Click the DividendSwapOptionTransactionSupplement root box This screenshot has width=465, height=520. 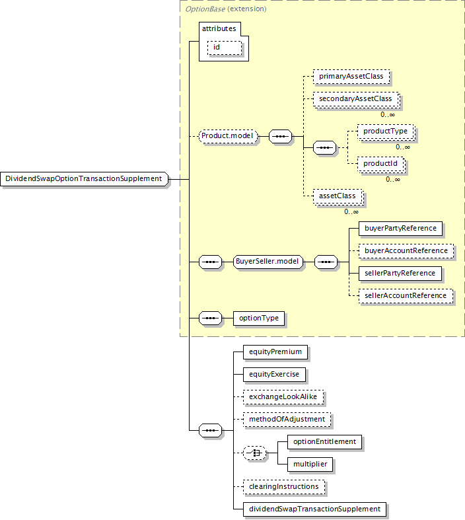tap(84, 179)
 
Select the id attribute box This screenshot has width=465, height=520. tap(225, 48)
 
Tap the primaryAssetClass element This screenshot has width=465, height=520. tap(351, 77)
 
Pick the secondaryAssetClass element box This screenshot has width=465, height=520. tap(355, 99)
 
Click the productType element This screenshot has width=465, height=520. tap(386, 131)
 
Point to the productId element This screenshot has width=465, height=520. tap(380, 164)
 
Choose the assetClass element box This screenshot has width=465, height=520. tap(338, 196)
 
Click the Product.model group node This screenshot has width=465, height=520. tap(228, 136)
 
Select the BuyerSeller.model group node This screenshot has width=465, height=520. tap(268, 262)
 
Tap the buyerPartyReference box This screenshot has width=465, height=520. tap(400, 229)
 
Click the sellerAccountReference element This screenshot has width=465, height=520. tap(406, 296)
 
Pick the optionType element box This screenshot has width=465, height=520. tap(259, 318)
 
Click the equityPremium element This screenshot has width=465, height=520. tap(275, 352)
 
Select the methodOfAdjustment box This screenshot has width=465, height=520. tap(287, 420)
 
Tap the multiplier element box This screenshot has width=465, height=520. tap(310, 464)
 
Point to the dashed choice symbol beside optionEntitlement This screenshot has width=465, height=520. tap(254, 453)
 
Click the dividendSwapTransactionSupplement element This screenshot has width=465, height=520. tap(315, 509)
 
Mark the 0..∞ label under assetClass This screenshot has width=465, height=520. tap(351, 211)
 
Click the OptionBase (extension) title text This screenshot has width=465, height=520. tap(226, 9)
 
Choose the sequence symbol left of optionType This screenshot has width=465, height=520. tap(210, 318)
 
